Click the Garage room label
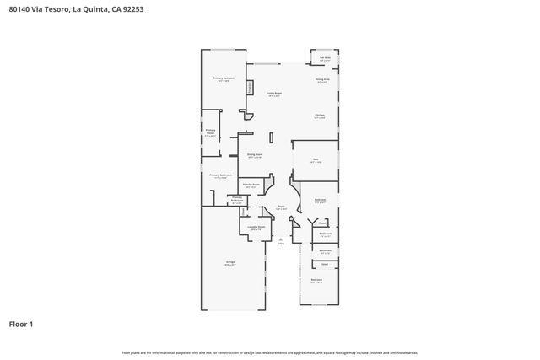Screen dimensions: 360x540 [229, 263]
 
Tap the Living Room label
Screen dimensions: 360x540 [274, 93]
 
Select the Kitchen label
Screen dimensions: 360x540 [320, 116]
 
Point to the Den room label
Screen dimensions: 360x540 [315, 159]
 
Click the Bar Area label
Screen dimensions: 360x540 [325, 58]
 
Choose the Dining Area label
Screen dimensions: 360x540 [321, 80]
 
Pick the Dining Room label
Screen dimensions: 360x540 [255, 155]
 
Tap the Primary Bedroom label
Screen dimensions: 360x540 [223, 78]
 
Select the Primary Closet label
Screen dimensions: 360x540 [210, 132]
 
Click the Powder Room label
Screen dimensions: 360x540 [250, 185]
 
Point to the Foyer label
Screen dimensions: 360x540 [281, 207]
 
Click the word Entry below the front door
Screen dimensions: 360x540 [281, 243]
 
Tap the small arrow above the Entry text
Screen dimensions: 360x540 [281, 239]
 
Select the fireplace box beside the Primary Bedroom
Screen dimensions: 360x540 [250, 87]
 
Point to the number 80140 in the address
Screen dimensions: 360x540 [20, 9]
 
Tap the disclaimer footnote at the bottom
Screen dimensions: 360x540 [269, 352]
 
